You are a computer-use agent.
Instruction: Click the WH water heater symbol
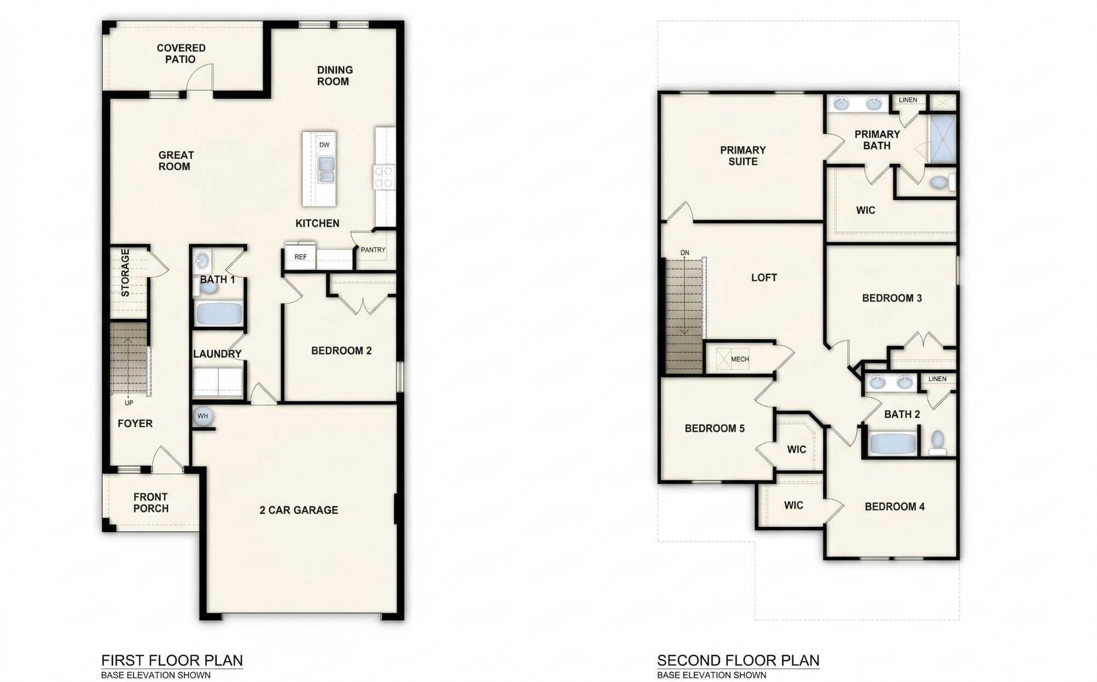(202, 416)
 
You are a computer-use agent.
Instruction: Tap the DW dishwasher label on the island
(324, 145)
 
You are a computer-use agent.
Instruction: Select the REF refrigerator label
(300, 257)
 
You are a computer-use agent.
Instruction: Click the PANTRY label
(373, 250)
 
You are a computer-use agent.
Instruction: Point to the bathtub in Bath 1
(218, 314)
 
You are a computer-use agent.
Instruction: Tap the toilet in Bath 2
(937, 441)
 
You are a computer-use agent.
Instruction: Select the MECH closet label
(739, 359)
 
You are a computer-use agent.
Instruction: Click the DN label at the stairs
(685, 253)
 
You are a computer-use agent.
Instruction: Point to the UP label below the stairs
(129, 403)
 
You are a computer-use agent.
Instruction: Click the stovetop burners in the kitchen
(383, 176)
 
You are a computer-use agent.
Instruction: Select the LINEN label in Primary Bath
(908, 100)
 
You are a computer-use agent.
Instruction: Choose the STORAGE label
(125, 273)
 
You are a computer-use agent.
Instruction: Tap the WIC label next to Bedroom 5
(796, 450)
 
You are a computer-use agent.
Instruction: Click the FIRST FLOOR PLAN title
(172, 660)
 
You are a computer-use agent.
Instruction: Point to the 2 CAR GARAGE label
(298, 510)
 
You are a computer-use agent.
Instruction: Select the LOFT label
(764, 278)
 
